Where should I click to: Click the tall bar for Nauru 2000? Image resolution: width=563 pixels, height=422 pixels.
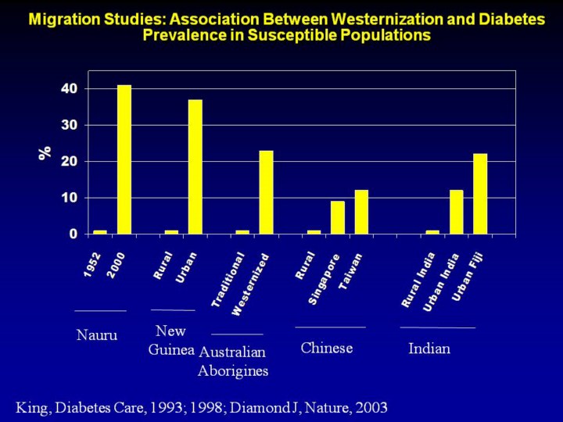(124, 159)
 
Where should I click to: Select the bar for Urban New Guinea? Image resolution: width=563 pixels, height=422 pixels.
(195, 166)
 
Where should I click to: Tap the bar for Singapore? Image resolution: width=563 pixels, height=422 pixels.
(337, 217)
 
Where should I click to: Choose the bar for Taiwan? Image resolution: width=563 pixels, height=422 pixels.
(361, 212)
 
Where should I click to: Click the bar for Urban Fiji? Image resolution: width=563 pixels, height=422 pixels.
(480, 194)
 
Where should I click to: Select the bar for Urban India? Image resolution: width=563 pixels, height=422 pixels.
(456, 212)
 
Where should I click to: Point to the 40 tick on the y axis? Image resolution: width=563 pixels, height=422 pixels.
(70, 88)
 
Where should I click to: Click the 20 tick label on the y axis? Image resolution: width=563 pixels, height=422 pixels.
(70, 161)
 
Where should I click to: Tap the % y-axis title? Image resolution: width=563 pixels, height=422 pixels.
(45, 153)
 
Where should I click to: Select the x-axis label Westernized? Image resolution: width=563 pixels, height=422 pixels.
(251, 284)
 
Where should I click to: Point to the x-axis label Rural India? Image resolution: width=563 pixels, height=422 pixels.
(418, 280)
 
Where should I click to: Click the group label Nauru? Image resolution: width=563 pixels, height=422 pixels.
(97, 335)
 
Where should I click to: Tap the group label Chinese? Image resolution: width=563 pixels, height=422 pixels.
(327, 348)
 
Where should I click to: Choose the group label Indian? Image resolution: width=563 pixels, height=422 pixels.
(429, 349)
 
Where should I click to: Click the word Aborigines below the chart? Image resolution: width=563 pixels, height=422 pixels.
(233, 371)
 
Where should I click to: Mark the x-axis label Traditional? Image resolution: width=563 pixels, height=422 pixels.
(228, 279)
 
